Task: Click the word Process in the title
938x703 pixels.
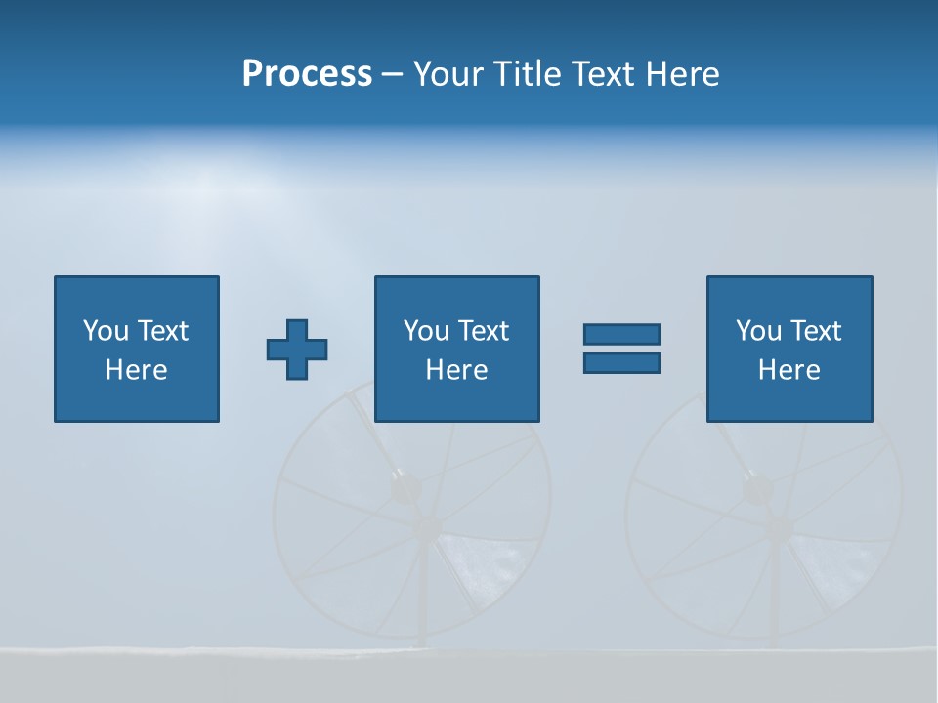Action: coord(307,74)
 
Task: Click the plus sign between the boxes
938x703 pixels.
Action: coord(297,350)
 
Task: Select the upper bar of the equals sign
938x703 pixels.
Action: coord(621,335)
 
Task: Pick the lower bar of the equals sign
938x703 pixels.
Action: coord(621,362)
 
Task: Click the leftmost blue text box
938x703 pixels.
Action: coord(137,349)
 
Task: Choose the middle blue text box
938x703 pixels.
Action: coord(457,349)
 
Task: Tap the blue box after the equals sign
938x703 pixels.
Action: coord(789,349)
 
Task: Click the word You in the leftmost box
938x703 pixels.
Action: coord(106,331)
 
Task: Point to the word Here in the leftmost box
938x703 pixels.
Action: coord(137,370)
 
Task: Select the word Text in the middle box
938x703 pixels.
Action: coord(483,331)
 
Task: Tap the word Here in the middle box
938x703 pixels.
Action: coord(457,370)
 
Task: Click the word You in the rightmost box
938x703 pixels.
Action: coord(758,331)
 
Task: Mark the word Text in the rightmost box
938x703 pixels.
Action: coord(815,331)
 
